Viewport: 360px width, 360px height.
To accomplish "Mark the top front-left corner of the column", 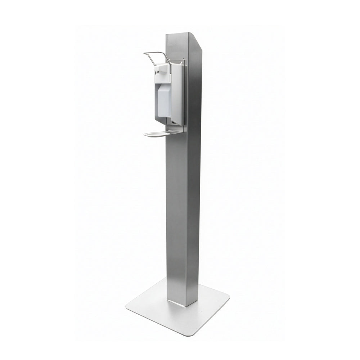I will coord(166,35).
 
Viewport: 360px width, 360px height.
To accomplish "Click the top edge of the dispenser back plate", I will coord(179,59).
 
